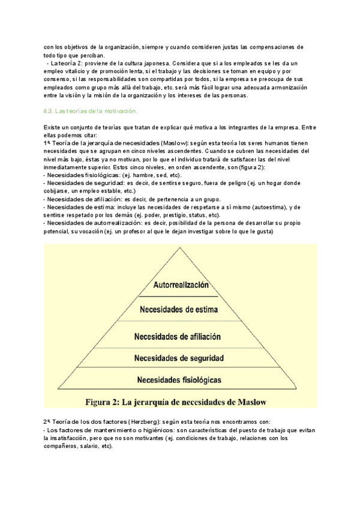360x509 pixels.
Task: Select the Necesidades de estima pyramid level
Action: pos(178,310)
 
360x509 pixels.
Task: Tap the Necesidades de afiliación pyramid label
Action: pos(178,337)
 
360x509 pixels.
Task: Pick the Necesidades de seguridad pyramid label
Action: pos(179,358)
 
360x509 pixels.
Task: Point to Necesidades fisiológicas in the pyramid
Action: pos(178,379)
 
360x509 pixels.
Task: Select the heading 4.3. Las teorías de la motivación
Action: pos(91,111)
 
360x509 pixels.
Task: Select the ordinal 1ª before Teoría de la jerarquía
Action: pos(47,143)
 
